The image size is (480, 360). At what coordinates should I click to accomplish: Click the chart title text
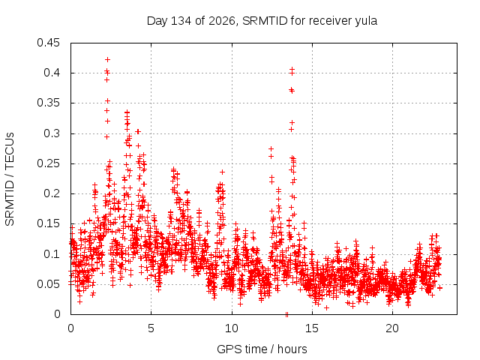pos(262,21)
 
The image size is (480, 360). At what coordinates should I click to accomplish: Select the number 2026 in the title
pos(222,21)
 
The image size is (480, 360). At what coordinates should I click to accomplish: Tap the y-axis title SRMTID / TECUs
pos(10,179)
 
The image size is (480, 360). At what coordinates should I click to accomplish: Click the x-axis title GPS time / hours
pos(262,349)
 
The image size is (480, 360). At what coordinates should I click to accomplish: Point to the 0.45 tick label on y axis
pos(48,43)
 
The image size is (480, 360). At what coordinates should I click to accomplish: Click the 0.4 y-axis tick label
pos(52,73)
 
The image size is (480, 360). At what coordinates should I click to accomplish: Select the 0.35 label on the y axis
pos(48,103)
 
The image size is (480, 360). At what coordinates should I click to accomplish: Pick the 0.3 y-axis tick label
pos(52,133)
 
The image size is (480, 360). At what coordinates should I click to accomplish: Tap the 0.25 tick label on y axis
pos(48,163)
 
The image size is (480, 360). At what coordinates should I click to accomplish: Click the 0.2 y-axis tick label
pos(52,193)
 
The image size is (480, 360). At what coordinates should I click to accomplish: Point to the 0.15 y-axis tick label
pos(48,223)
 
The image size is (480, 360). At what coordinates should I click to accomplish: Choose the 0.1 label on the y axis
pos(52,253)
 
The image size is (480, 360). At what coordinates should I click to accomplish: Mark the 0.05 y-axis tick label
pos(48,284)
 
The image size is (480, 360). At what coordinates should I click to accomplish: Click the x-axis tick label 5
pos(151,328)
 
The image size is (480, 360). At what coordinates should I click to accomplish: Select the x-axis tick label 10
pos(232,328)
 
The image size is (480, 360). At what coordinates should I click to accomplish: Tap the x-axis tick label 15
pos(312,328)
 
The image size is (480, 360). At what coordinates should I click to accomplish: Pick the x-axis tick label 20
pos(392,328)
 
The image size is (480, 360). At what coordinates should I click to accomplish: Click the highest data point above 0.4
pos(107,59)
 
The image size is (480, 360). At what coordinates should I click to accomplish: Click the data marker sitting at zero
pos(286,314)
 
